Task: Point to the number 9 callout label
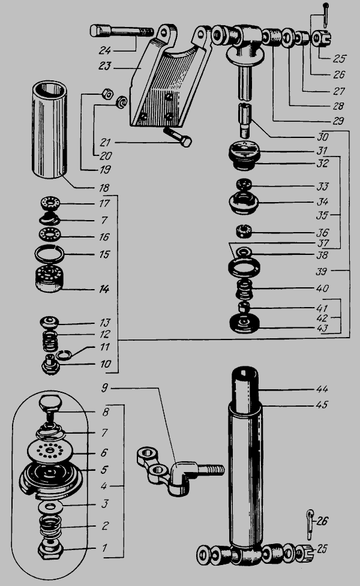coord(104,387)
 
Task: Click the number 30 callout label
coord(325,136)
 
